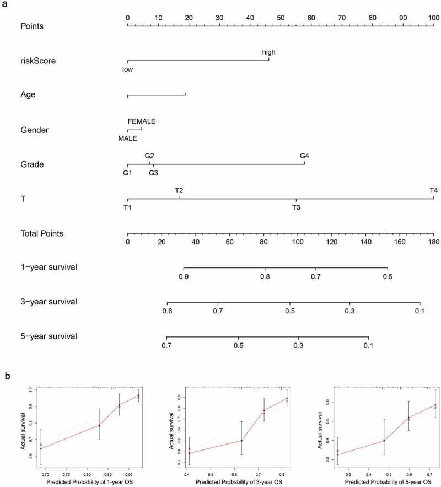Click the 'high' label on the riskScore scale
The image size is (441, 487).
(x=269, y=52)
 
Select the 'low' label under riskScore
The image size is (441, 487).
(x=128, y=69)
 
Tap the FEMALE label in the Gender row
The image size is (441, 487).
(x=142, y=121)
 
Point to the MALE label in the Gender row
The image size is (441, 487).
(x=127, y=138)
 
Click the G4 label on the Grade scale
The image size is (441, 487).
(x=304, y=156)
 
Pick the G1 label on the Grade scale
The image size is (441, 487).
(x=128, y=173)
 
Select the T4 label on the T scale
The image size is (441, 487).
(x=434, y=190)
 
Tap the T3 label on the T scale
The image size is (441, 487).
(x=296, y=207)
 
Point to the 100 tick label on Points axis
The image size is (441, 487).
(x=433, y=18)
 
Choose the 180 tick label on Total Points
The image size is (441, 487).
(x=433, y=242)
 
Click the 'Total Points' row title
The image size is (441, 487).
(x=42, y=233)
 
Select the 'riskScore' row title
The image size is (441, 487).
(x=38, y=61)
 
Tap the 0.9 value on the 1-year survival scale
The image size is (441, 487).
(x=184, y=277)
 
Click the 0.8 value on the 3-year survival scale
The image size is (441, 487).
(x=167, y=311)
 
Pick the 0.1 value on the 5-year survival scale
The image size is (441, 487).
(x=368, y=345)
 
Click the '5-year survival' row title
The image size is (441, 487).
(x=49, y=336)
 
